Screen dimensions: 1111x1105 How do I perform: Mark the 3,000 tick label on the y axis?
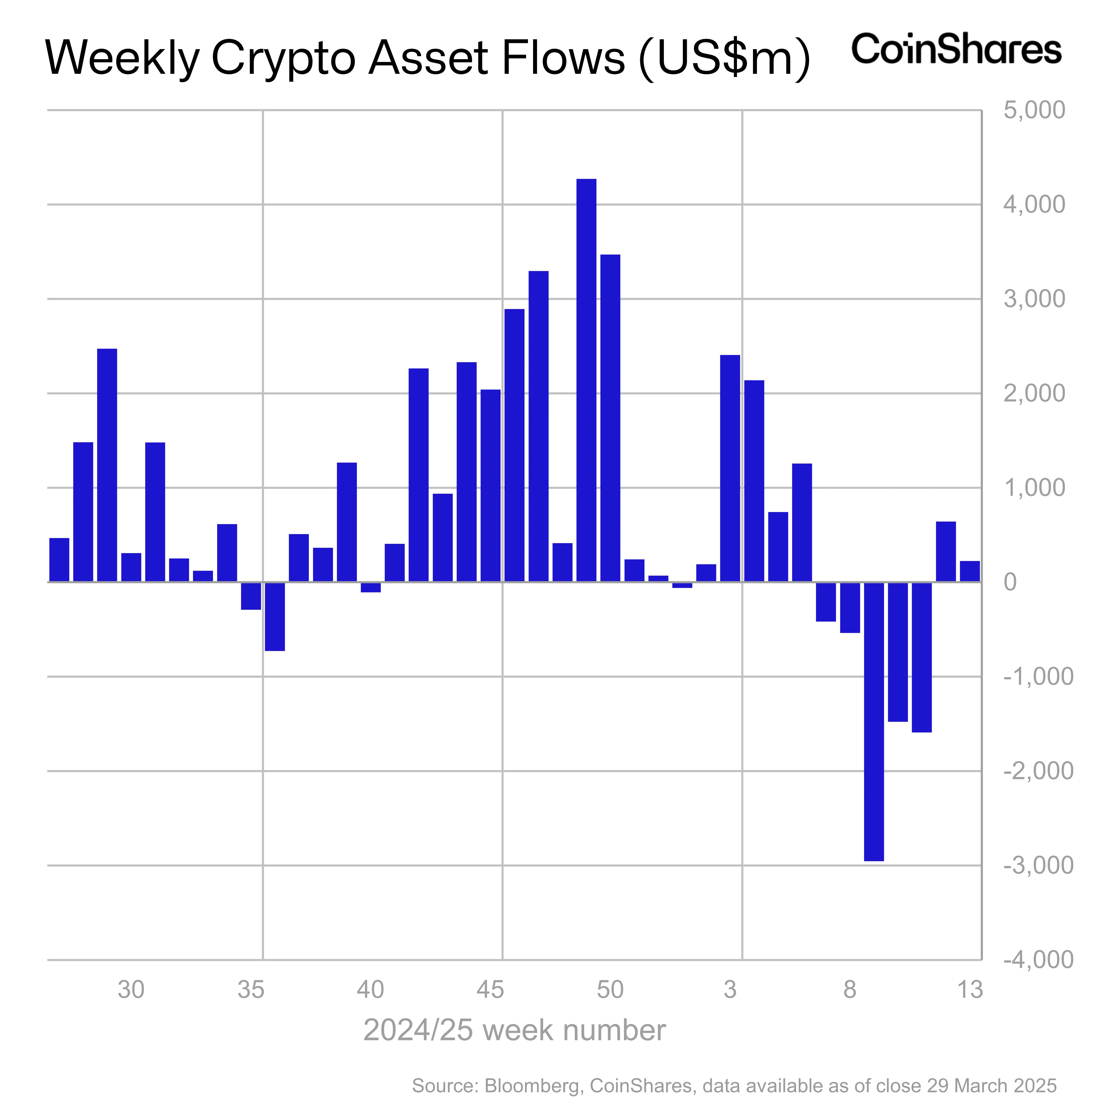[x=1034, y=299]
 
